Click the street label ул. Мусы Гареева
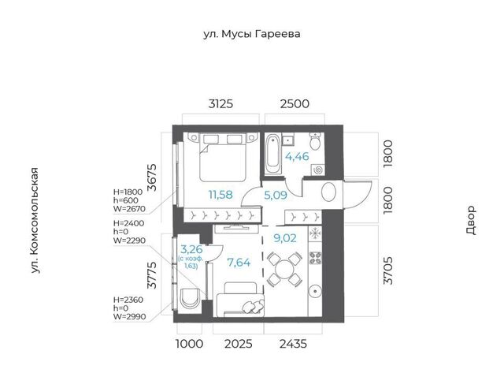252,34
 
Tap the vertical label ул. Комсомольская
35,221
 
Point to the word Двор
471,220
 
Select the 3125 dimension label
220,104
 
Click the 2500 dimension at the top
295,104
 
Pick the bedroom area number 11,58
220,195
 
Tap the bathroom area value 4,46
297,156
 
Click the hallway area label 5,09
276,195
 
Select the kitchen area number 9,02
285,238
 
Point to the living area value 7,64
239,263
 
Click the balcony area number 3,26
191,249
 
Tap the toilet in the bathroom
315,140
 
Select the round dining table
285,269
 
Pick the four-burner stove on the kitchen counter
315,257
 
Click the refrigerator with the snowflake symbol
315,233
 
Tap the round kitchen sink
315,292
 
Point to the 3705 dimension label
388,270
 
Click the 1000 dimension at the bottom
190,344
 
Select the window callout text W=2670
129,209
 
